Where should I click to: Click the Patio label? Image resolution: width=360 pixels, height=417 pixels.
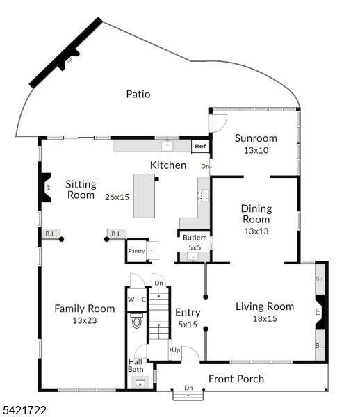coord(138,94)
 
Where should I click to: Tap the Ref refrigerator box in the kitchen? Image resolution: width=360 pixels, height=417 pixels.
coord(200,146)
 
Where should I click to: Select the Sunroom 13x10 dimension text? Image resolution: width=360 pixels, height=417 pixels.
coord(256,150)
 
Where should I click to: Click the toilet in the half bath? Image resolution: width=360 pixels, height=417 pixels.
coord(137,320)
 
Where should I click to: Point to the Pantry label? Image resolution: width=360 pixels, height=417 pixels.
coord(136,251)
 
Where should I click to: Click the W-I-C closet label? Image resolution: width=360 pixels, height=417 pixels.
coord(137,300)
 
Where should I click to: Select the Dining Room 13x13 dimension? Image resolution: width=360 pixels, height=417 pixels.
coord(256,231)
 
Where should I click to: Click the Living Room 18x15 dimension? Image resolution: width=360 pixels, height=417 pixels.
coord(265,318)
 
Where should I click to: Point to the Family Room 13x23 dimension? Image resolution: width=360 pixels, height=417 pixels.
coord(85,320)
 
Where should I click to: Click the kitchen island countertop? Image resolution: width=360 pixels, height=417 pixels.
coord(144,196)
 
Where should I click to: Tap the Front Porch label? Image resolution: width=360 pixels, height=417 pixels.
coord(236,379)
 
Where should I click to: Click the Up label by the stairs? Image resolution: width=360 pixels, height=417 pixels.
coord(176,350)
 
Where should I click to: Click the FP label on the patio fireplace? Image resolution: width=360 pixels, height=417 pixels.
coord(70,61)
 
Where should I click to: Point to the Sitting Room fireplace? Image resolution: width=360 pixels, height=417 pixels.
coord(46,188)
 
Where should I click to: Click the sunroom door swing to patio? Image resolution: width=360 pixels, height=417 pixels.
coord(220,123)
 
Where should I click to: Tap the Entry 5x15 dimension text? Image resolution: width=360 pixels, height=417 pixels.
coord(188,324)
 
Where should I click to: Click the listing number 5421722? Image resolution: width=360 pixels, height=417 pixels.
coord(24,410)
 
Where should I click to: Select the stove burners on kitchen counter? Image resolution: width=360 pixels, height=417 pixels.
coord(204,195)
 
